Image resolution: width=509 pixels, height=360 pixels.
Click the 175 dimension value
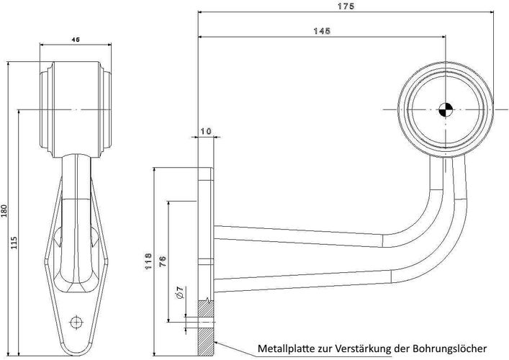[346, 6]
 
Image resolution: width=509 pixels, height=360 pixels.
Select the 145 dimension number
[322, 31]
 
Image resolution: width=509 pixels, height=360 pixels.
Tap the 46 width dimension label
[76, 40]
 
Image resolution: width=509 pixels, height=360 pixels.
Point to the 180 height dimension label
[4, 212]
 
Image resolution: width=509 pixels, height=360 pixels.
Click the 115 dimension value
[14, 243]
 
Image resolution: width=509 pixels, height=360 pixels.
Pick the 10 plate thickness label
[206, 131]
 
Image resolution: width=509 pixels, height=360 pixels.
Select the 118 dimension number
[148, 261]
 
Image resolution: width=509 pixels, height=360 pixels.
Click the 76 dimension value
[163, 261]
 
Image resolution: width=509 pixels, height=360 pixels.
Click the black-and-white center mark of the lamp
[446, 109]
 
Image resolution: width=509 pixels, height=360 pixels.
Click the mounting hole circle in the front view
[76, 322]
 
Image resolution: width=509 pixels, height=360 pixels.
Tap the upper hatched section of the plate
[206, 310]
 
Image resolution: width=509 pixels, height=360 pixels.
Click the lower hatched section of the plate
[206, 341]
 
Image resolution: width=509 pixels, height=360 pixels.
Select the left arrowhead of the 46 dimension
[42, 45]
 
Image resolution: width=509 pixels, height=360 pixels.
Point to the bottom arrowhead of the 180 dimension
[9, 352]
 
